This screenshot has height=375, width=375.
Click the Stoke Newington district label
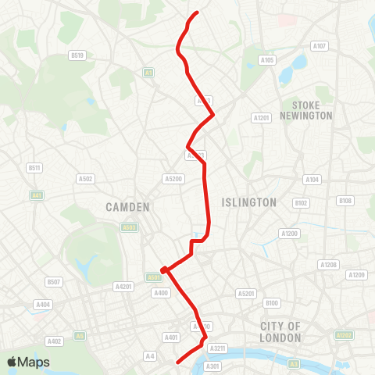pos(312,110)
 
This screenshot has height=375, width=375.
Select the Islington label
pos(249,202)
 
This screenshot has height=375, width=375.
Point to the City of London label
pos(282,331)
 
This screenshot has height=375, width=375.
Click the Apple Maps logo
pos(28,362)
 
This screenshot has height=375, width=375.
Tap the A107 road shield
pos(319,46)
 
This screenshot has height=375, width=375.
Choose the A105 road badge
pos(267,60)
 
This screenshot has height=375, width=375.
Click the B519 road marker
pos(77,55)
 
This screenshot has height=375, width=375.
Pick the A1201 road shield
pos(261,117)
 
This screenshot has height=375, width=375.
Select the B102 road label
pos(302,203)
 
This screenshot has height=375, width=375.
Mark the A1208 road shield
pos(328,266)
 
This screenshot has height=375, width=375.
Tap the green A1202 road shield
pos(344,335)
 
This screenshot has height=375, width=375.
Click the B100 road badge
pos(272,302)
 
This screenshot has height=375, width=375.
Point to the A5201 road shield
pos(246,294)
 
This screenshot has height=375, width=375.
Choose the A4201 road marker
pos(123,286)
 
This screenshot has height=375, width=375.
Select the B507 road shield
pos(53,281)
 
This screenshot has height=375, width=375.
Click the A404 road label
pos(43,305)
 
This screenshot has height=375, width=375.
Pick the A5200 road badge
pos(173,179)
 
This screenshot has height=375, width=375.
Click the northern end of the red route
pos(196,12)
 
